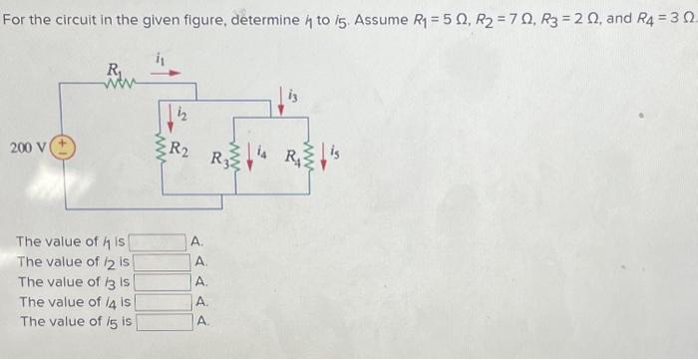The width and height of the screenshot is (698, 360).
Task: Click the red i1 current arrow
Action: coord(169,73)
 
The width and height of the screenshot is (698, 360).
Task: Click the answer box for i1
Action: coord(160,241)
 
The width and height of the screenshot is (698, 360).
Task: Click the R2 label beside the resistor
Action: coord(180,153)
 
